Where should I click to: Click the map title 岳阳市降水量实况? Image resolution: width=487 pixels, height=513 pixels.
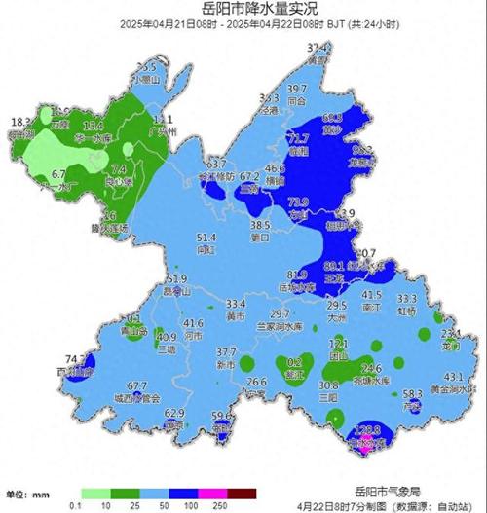click(x=243, y=9)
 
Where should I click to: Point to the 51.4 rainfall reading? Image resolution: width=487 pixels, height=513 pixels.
click(x=206, y=238)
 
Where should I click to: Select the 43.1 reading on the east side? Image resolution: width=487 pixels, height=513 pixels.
click(x=453, y=377)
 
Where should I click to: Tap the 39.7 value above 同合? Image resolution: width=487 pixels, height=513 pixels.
click(x=297, y=89)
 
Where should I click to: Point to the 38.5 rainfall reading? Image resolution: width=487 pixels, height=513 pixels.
click(x=260, y=224)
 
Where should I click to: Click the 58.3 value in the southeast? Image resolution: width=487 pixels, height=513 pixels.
click(x=412, y=393)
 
